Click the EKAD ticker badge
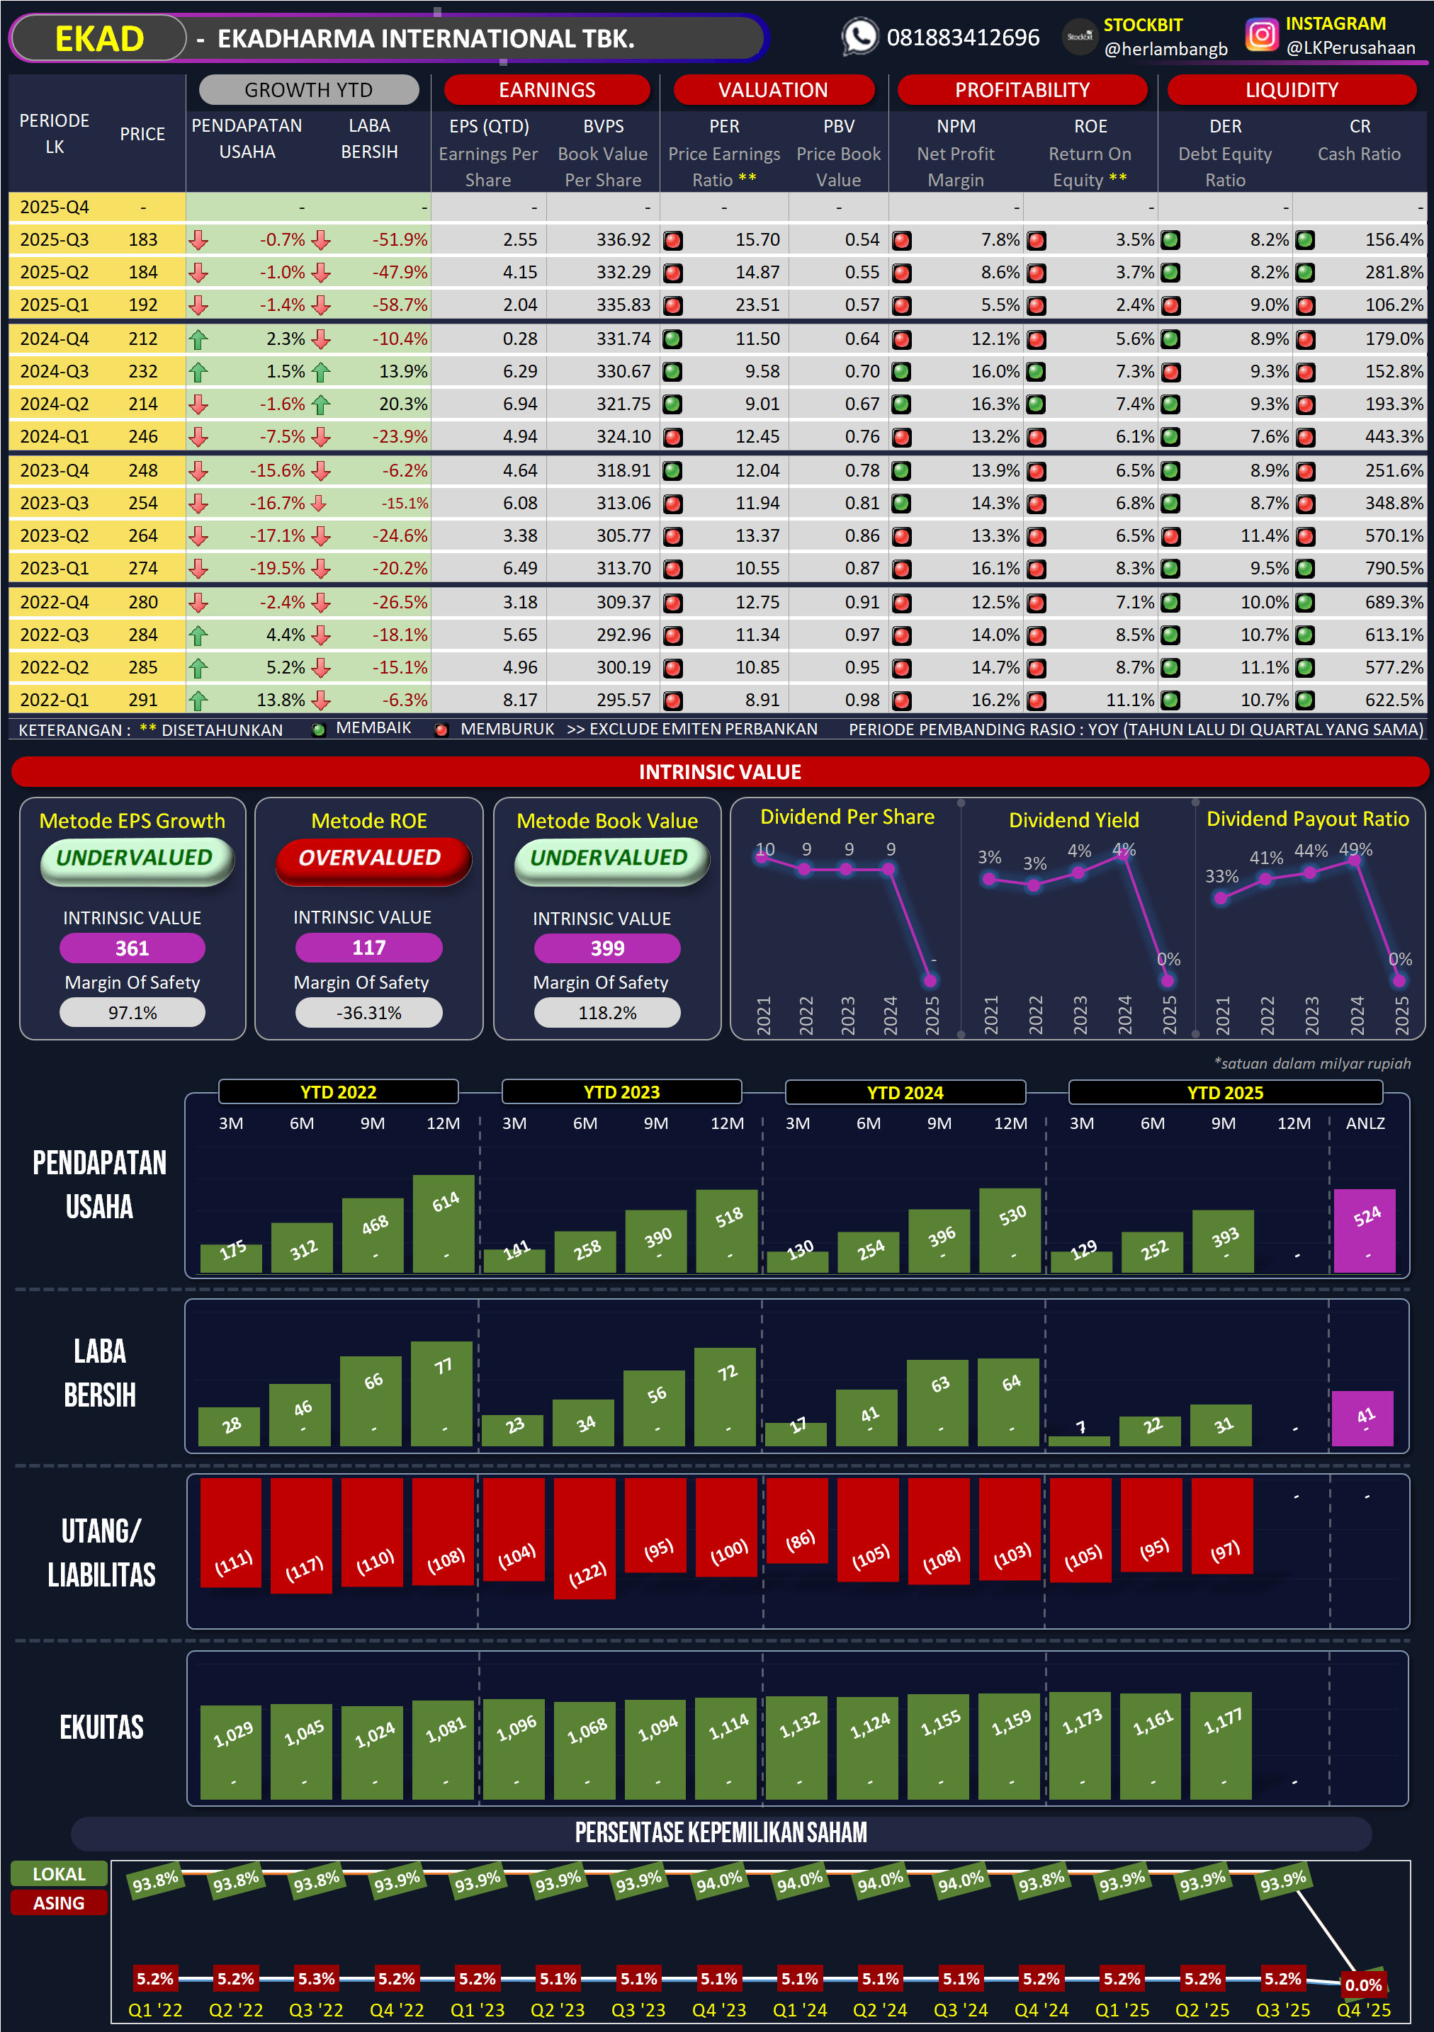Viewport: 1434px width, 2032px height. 99,39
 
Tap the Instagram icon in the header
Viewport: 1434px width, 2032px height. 1261,35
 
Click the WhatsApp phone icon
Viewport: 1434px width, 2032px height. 859,37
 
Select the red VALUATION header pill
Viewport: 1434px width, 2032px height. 773,89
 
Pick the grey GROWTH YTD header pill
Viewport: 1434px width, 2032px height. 308,89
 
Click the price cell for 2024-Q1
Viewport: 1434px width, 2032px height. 142,436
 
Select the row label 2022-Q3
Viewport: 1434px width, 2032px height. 54,635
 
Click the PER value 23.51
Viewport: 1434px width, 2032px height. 757,305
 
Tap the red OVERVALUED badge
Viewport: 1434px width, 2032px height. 369,858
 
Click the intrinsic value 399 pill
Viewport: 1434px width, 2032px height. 607,948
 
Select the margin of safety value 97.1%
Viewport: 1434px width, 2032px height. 132,1013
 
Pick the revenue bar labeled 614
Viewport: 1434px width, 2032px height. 444,1223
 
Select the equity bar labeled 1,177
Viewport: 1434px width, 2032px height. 1221,1745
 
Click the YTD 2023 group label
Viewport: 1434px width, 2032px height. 621,1092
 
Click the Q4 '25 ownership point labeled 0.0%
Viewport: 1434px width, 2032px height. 1362,1985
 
